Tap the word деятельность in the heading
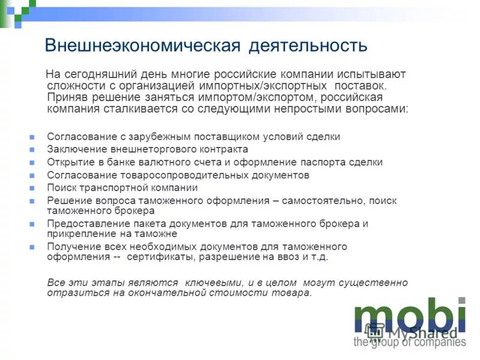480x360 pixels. click(x=307, y=45)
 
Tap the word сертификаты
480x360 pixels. click(x=161, y=256)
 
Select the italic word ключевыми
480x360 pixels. click(x=214, y=283)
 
